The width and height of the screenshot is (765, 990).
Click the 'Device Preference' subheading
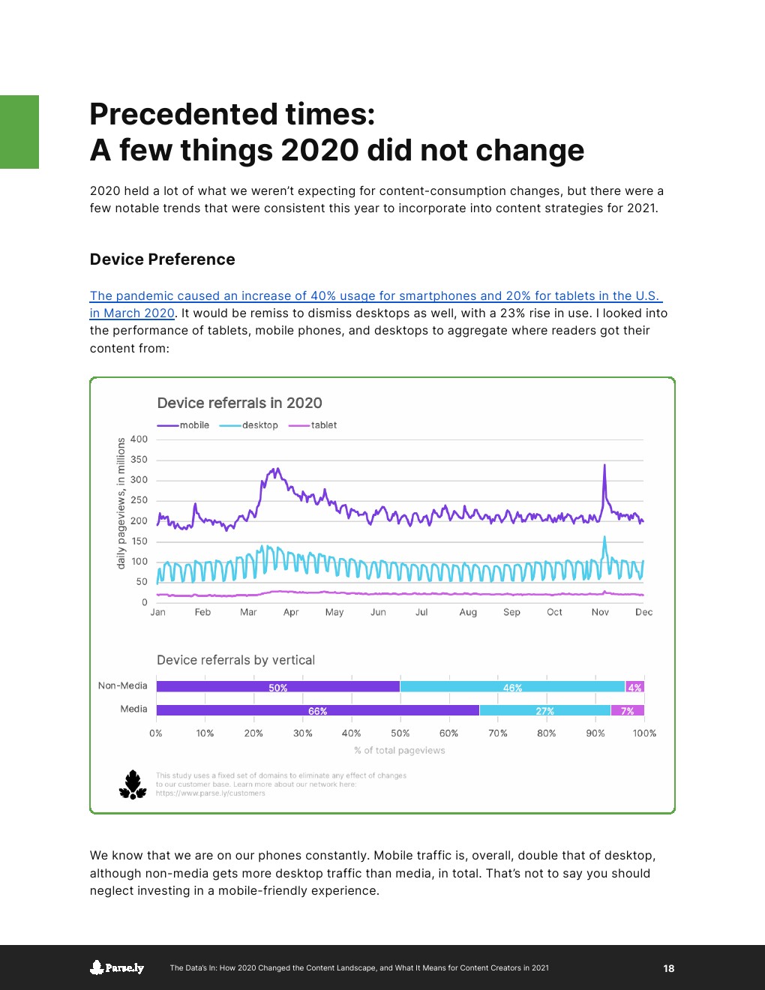pos(162,259)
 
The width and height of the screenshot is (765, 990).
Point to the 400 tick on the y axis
pos(139,439)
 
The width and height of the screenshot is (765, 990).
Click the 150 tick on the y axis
pos(139,541)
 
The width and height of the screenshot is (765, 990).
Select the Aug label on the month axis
pos(468,612)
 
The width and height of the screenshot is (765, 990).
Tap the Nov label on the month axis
pos(600,612)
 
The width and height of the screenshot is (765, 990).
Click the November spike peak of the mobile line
pos(604,465)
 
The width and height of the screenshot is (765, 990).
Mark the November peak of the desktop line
pos(604,537)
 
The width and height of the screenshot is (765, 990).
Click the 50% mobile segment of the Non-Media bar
pos(278,686)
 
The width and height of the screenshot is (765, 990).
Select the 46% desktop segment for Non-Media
pos(512,686)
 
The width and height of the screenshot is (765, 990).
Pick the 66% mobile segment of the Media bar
pos(317,710)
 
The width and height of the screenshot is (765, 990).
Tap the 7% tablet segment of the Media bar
pos(628,710)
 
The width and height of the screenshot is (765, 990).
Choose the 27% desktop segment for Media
pos(545,710)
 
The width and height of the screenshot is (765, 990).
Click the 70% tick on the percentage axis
pos(498,733)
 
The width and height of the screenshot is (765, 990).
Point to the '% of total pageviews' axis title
pos(400,750)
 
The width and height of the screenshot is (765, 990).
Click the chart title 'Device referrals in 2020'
pos(239,403)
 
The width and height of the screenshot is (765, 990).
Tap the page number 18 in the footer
pos(669,968)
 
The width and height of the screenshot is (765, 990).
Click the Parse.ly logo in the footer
pos(117,967)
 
